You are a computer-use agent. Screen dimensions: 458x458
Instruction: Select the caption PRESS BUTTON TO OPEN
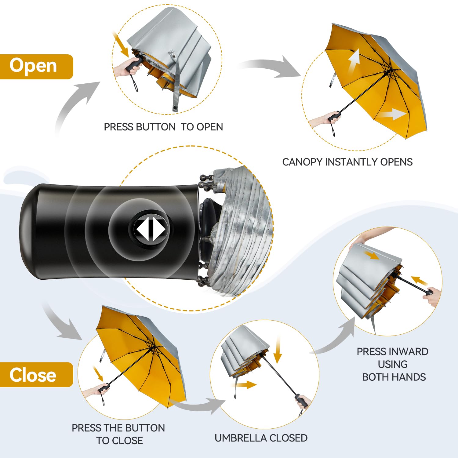[163, 127]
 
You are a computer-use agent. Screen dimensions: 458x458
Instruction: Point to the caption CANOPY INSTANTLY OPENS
[347, 162]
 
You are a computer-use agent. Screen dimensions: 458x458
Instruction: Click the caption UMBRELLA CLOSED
[261, 438]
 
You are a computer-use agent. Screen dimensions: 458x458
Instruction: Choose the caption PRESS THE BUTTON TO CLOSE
[118, 434]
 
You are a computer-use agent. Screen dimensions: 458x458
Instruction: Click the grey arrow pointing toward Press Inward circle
[336, 339]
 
